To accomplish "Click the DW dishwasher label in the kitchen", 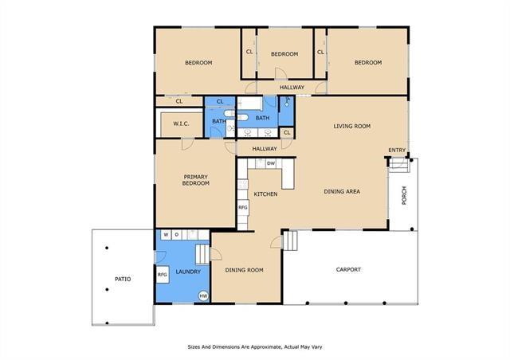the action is coord(271,163).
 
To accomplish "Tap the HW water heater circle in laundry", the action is coord(204,295).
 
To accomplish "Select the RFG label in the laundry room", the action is coord(163,275).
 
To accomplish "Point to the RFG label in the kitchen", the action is coord(243,207).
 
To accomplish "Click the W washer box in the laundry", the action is coord(166,234).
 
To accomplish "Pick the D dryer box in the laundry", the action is coord(177,234).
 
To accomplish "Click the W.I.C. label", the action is coord(181,123).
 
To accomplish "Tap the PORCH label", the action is coord(404,195).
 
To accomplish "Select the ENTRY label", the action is coord(397,150).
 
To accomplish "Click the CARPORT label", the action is coord(348,269).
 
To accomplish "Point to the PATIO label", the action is coord(123,279).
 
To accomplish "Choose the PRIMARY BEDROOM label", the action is coord(196,180).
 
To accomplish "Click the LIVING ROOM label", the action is coord(352,126).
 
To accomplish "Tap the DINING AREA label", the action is coord(342,191).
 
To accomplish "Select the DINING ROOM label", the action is coord(245,270).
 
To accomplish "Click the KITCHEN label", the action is coord(265,194).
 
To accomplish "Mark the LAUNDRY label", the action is coord(188,272).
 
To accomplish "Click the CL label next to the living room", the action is coord(287,133).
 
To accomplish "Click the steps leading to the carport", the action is coord(290,241).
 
